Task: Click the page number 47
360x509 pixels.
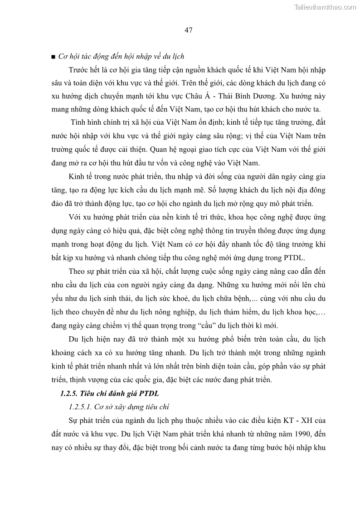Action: [189, 30]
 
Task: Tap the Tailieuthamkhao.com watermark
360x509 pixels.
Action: [325, 7]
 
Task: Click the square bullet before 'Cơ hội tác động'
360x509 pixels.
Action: [54, 57]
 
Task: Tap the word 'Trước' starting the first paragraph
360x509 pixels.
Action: [78, 70]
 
